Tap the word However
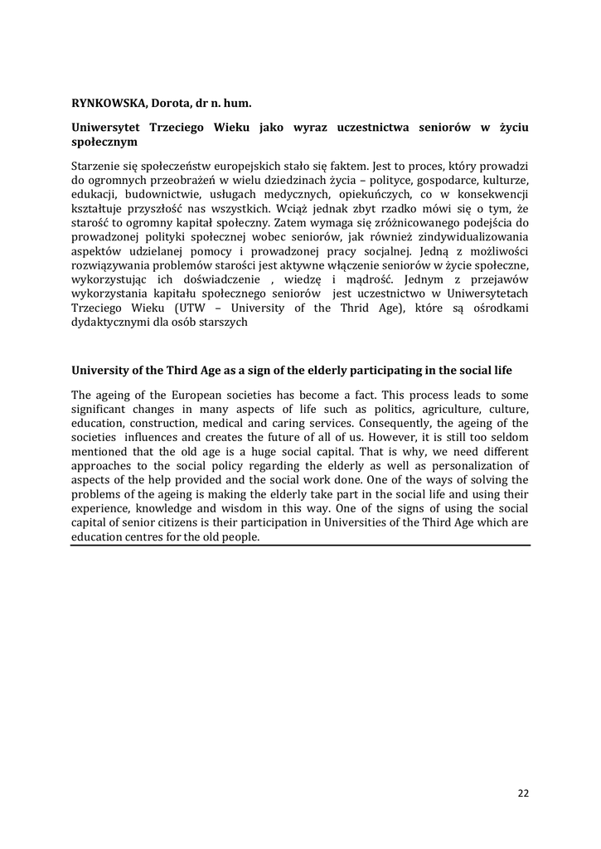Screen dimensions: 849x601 pos(390,437)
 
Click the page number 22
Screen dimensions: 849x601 pos(523,793)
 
